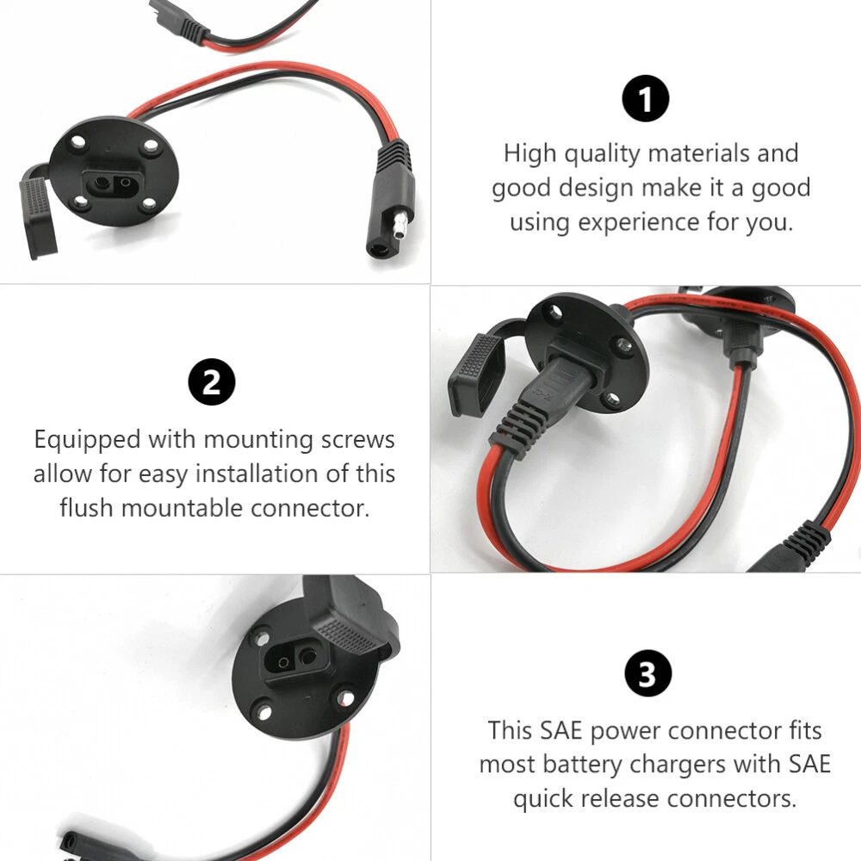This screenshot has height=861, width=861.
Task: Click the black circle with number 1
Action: click(645, 99)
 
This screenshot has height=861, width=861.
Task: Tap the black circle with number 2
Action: click(212, 381)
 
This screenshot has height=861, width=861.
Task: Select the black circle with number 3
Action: click(648, 672)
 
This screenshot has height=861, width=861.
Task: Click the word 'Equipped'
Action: click(87, 440)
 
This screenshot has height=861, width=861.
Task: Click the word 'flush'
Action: click(87, 508)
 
